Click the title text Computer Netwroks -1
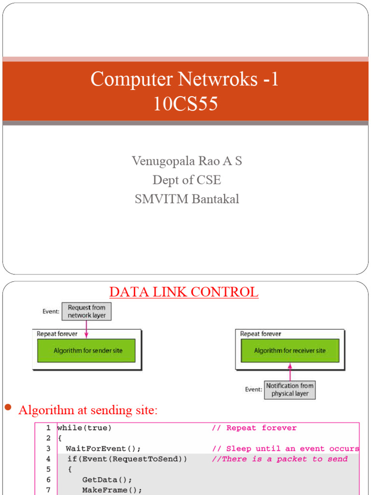(185, 79)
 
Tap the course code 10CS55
(185, 104)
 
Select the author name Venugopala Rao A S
(187, 161)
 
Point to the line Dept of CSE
(187, 180)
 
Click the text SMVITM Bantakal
(187, 199)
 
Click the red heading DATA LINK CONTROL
(184, 292)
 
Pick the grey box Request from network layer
(86, 311)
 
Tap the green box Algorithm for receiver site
(290, 350)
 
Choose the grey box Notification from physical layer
(290, 390)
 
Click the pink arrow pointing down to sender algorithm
(86, 329)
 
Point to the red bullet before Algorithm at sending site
(7, 408)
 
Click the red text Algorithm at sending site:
(88, 410)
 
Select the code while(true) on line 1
(85, 428)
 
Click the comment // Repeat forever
(254, 428)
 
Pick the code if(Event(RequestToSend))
(127, 459)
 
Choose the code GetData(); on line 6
(107, 480)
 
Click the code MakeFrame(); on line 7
(112, 490)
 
